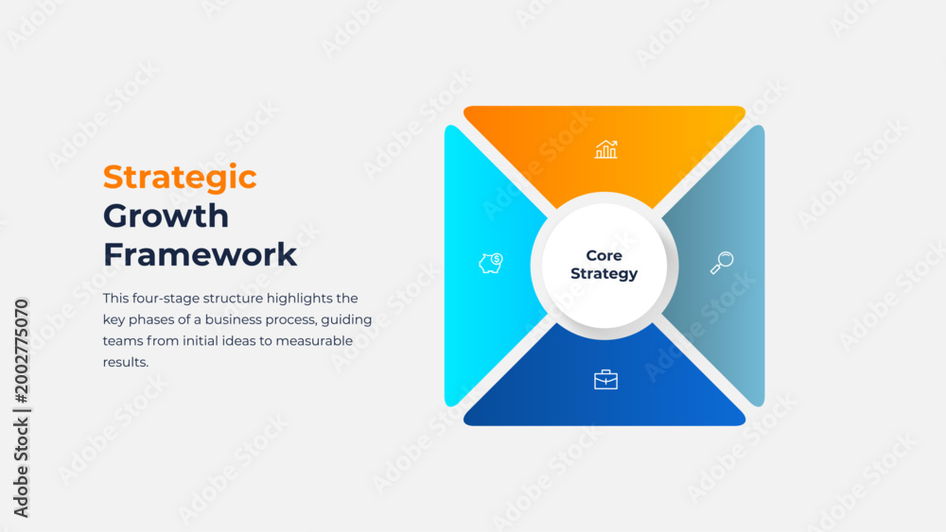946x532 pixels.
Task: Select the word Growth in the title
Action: click(166, 215)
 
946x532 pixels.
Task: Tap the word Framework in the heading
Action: click(200, 254)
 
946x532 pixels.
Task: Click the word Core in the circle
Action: click(604, 255)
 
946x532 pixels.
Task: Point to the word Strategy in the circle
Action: click(604, 274)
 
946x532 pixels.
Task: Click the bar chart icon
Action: click(605, 149)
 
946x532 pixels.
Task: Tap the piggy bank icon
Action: click(491, 264)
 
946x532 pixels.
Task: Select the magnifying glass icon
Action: click(722, 263)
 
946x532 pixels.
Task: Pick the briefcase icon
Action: click(605, 380)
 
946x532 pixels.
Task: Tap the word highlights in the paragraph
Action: click(299, 299)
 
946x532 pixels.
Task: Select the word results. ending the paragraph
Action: click(126, 362)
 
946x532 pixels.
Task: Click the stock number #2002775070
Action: click(22, 352)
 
